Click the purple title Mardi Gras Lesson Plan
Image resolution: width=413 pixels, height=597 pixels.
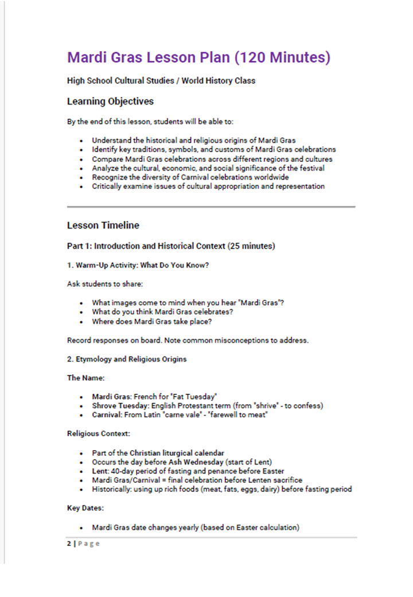pyautogui.click(x=198, y=58)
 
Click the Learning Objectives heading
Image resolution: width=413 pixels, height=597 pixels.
pyautogui.click(x=110, y=102)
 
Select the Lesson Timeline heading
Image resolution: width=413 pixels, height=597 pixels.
pyautogui.click(x=103, y=225)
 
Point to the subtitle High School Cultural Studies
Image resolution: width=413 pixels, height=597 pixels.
pyautogui.click(x=161, y=81)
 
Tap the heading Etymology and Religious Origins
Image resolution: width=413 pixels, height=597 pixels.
pyautogui.click(x=127, y=359)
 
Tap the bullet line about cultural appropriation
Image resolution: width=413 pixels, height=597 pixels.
pyautogui.click(x=208, y=187)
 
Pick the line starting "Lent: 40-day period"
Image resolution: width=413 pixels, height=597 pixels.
pyautogui.click(x=188, y=471)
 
